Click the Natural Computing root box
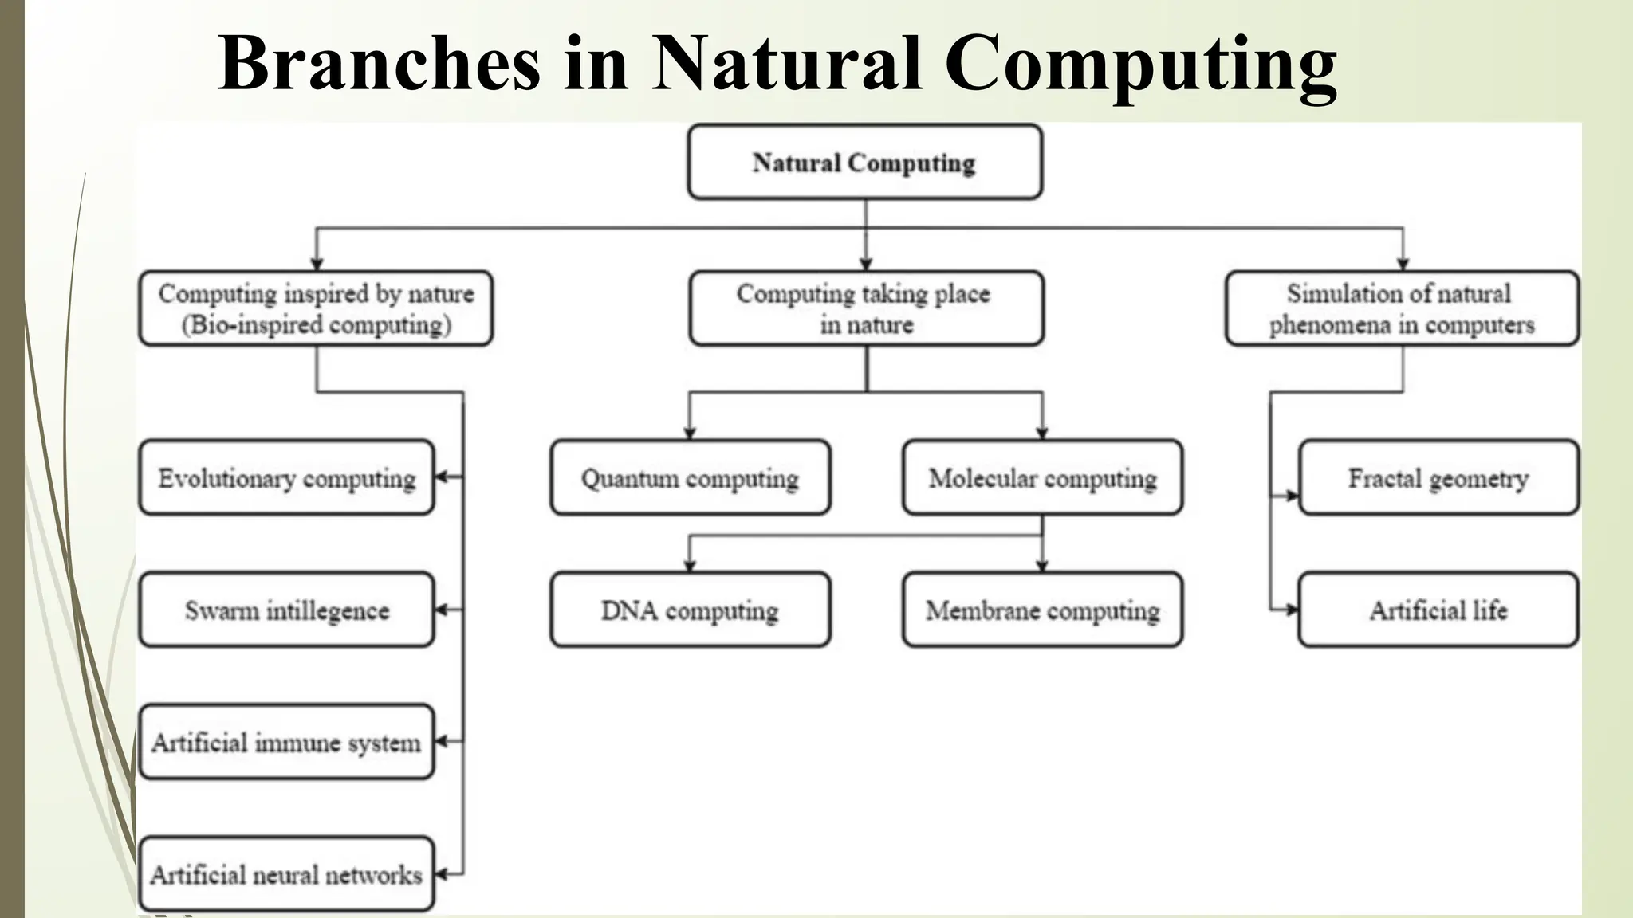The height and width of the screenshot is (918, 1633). (864, 162)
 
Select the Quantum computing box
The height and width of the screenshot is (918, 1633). (690, 478)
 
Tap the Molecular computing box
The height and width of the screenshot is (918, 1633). (1042, 478)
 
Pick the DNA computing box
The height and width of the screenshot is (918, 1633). (690, 610)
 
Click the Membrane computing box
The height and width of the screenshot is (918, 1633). (1042, 610)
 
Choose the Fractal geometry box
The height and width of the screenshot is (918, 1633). (1438, 478)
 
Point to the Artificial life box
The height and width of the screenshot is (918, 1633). (1438, 610)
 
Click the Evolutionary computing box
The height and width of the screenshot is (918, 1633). (286, 478)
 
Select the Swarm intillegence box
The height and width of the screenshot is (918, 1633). (286, 610)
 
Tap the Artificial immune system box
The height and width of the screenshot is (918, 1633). (286, 743)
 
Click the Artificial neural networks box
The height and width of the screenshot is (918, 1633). (286, 875)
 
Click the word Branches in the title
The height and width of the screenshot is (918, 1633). (379, 64)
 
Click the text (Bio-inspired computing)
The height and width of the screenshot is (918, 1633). (317, 325)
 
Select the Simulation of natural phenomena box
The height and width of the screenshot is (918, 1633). (1402, 308)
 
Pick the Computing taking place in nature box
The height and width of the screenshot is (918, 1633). (866, 308)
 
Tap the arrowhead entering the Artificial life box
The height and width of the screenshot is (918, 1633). (1293, 610)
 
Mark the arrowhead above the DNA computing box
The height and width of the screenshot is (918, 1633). (690, 566)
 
